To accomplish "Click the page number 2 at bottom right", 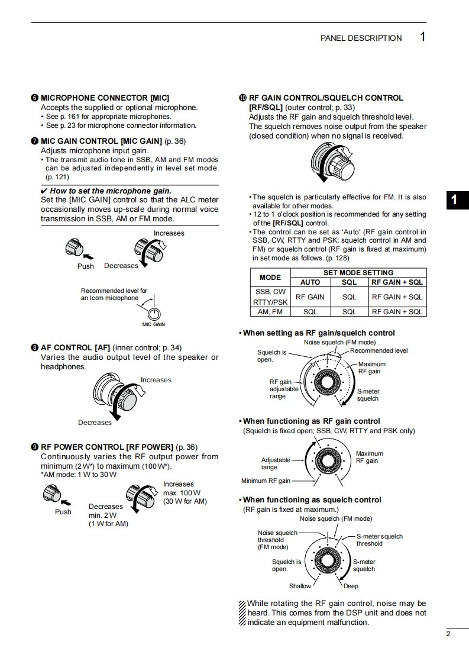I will point(449,634).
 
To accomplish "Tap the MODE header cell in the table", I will point(270,277).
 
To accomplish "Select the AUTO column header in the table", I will point(310,282).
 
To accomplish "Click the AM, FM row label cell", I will point(270,311).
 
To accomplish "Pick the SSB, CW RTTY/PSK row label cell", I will point(270,296).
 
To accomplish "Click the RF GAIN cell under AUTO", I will point(310,296).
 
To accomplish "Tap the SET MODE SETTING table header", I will point(358,273).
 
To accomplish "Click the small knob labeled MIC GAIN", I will point(154,314).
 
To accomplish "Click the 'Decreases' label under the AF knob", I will point(95,423).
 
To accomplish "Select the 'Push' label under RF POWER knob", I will point(63,512).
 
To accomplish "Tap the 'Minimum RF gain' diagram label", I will point(266,481).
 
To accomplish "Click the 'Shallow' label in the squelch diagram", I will point(300,586).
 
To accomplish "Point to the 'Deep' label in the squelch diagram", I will point(351,586).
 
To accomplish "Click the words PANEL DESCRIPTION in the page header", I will point(361,38).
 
